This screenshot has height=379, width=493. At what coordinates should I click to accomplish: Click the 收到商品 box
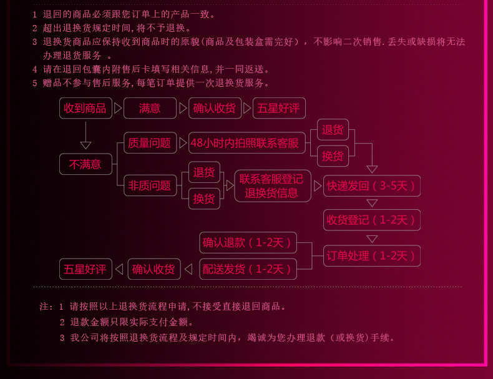[85, 108]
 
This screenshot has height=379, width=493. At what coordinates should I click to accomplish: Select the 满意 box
[150, 108]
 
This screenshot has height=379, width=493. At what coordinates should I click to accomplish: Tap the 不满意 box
[85, 164]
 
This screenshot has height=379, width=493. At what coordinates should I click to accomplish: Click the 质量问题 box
[149, 143]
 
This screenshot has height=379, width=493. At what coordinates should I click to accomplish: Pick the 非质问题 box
[149, 185]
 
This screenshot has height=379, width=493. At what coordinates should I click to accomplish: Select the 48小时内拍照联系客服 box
[245, 143]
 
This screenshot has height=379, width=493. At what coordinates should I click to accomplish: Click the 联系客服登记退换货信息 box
[271, 185]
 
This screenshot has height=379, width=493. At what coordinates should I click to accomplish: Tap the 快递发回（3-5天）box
[371, 185]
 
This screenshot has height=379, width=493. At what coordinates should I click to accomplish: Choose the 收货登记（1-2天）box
[371, 220]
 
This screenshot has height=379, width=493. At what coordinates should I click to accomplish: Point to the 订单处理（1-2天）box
[371, 255]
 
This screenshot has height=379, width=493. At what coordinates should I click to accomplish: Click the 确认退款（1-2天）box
[248, 242]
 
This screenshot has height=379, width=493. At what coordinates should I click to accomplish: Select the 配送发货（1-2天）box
[248, 269]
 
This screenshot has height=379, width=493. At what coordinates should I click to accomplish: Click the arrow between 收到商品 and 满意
[118, 108]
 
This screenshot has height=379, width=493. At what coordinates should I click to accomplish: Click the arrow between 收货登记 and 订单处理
[372, 239]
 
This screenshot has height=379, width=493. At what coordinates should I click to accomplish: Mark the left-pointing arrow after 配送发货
[188, 269]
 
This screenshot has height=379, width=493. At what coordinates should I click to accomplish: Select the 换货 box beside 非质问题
[204, 199]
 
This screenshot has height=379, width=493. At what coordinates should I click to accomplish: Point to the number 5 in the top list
[35, 83]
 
